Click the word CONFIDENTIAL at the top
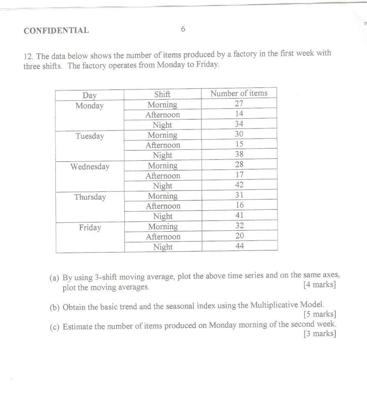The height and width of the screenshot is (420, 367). point(56,30)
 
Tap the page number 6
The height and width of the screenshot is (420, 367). point(183,29)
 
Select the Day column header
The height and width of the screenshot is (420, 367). point(89,95)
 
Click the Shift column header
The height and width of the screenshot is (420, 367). point(162,94)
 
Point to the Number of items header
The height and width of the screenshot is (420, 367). point(239,93)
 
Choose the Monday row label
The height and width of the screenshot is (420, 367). point(89,106)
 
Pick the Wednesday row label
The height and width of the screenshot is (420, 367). point(90,167)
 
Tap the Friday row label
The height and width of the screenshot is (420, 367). point(90,227)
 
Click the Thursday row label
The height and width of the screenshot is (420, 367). point(90,197)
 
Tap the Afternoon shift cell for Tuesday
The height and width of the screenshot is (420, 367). point(163,145)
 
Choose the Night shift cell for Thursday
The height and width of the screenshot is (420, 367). point(163,216)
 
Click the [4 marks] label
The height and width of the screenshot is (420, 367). point(319,285)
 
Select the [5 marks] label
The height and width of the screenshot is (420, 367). point(320,315)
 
